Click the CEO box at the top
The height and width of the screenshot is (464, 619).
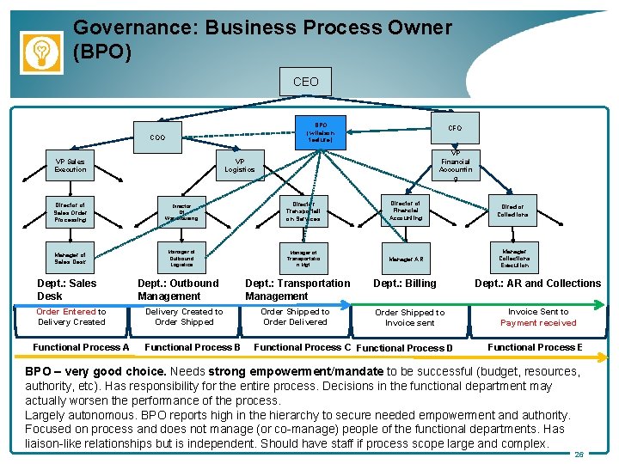pyautogui.click(x=306, y=82)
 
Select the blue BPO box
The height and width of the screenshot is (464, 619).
pyautogui.click(x=320, y=131)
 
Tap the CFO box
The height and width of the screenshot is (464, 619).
pyautogui.click(x=455, y=128)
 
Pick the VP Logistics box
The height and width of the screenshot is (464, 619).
pyautogui.click(x=240, y=164)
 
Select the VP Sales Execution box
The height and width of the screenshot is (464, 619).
pyautogui.click(x=70, y=164)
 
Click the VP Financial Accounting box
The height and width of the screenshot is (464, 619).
pyautogui.click(x=455, y=166)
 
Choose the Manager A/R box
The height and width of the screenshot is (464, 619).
pyautogui.click(x=406, y=258)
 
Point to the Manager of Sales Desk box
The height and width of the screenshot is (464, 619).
pyautogui.click(x=70, y=258)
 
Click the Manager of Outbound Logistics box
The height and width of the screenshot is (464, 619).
pyautogui.click(x=181, y=258)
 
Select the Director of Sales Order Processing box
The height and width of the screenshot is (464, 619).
pyautogui.click(x=70, y=212)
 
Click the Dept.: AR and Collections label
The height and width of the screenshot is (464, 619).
pyautogui.click(x=538, y=284)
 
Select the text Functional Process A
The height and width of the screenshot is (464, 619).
pyautogui.click(x=81, y=347)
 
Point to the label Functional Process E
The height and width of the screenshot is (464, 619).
pyautogui.click(x=535, y=347)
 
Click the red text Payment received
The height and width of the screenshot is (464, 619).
pyautogui.click(x=538, y=323)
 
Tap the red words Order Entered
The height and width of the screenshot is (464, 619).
pyautogui.click(x=66, y=312)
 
